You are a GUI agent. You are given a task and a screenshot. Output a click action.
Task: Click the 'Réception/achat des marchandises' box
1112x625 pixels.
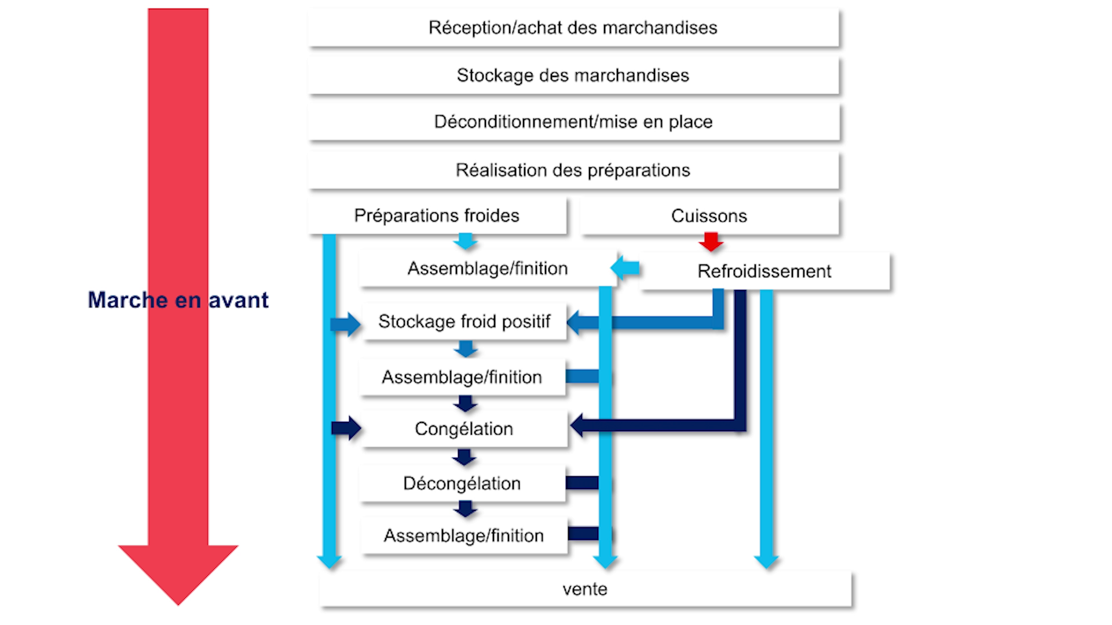573,27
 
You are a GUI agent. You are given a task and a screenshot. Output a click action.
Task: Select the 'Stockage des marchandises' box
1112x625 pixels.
573,75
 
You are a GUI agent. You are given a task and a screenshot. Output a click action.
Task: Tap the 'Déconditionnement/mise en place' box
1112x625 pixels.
573,122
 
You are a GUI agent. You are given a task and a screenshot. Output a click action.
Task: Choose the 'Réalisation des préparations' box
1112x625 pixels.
573,170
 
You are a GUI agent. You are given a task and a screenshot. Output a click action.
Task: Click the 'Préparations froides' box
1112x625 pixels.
437,216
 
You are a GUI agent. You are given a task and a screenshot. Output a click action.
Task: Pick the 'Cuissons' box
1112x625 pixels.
709,216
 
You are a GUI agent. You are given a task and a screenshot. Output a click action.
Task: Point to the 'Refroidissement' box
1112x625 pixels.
765,271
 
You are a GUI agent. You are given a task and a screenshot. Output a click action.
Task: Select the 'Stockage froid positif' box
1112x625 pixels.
464,321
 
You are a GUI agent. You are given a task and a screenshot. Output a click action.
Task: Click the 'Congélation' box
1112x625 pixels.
464,429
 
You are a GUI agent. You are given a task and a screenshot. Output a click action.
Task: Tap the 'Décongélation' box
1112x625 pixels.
462,483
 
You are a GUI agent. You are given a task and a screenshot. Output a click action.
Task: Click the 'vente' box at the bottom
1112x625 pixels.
585,589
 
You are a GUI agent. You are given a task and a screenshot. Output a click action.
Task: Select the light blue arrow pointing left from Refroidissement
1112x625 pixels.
625,268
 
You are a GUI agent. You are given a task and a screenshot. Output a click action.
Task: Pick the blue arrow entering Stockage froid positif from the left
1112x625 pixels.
346,324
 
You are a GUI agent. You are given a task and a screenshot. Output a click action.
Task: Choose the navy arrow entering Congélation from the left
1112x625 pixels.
346,428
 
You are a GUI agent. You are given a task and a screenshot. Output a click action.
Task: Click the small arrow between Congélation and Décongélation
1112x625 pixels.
464,457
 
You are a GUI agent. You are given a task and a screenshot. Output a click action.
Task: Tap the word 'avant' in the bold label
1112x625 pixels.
239,300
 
